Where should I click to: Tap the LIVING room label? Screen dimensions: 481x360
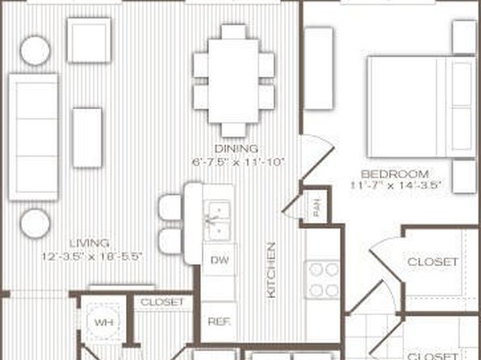tap(90, 244)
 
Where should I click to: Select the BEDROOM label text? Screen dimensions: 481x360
tap(395, 174)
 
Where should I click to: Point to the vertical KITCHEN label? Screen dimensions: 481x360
tap(272, 270)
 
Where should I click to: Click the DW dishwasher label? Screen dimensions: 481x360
tap(220, 260)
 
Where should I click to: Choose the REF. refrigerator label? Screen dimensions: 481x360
tap(220, 321)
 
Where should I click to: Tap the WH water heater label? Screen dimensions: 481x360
tap(103, 323)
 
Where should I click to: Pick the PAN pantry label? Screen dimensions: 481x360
tap(316, 207)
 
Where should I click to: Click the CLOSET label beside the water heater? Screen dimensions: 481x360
tap(162, 302)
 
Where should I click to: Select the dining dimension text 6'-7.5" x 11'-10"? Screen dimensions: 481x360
tap(238, 162)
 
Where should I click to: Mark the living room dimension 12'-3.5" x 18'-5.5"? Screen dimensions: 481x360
tap(92, 256)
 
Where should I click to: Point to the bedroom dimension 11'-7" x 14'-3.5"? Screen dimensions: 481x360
tap(396, 186)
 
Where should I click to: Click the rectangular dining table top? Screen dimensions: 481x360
tap(233, 81)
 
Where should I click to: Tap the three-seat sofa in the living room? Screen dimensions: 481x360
tap(33, 137)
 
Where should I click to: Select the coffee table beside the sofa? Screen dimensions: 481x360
tap(87, 137)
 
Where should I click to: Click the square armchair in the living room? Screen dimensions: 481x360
tap(89, 40)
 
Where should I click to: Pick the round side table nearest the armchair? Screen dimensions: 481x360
tap(36, 51)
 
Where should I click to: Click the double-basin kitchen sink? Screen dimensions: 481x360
tap(218, 220)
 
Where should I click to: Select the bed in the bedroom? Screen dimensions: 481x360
tap(422, 107)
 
